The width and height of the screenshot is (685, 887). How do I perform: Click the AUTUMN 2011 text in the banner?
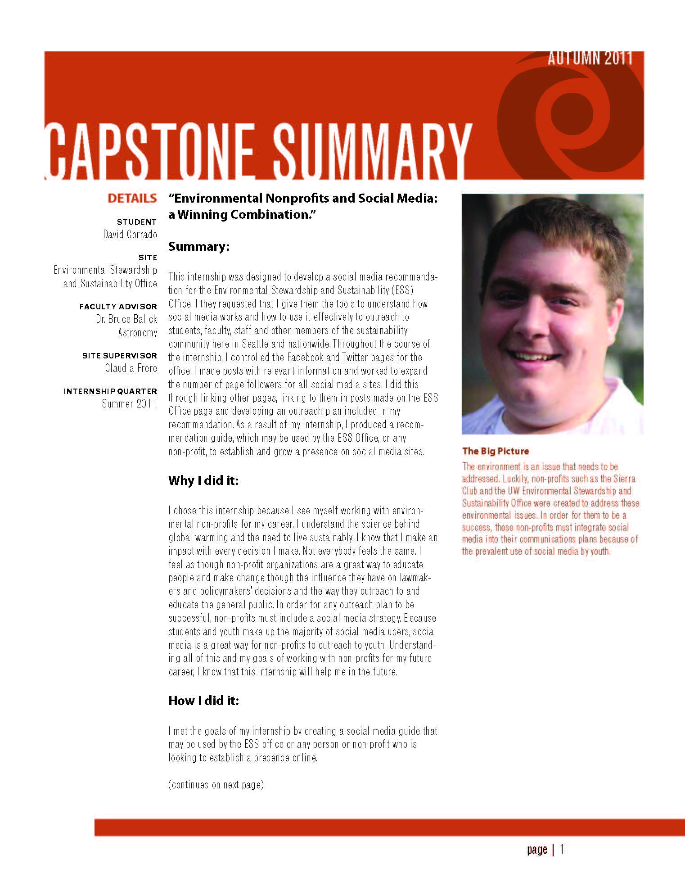pos(590,59)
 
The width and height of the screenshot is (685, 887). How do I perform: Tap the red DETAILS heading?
pos(132,199)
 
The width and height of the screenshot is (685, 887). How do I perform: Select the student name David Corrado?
pos(130,235)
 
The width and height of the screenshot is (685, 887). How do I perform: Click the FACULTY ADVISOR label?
pos(118,307)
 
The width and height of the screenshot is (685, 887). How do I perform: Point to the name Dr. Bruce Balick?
pos(126,319)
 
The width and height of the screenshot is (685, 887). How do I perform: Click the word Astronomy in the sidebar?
pos(137,333)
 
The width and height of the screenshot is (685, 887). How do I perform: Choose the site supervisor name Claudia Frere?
pos(131,368)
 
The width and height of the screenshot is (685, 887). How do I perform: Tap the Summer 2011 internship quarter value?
pos(129,404)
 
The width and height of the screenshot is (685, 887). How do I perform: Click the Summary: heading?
pos(199,247)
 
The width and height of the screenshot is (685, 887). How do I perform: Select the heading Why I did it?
pos(203,480)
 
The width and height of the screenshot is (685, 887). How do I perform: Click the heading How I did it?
pos(203,701)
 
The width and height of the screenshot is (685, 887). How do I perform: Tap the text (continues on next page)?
pos(216,785)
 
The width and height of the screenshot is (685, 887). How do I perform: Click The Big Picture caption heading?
pos(496,451)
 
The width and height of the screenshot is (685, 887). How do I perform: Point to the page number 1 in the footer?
pos(562,850)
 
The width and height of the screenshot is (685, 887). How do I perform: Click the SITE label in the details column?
pos(148,258)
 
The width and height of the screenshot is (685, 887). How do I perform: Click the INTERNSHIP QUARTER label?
pos(110,391)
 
